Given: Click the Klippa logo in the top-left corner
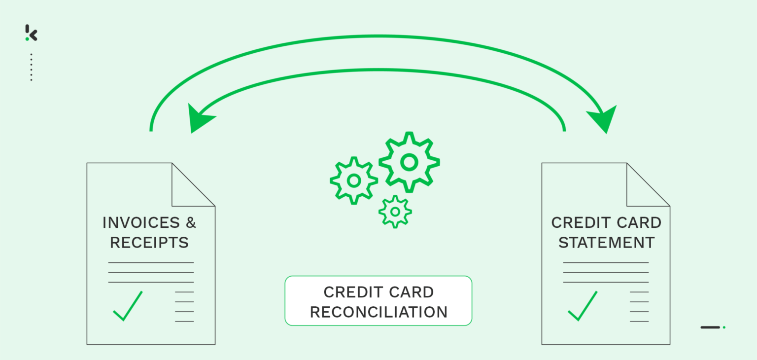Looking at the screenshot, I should click(31, 33).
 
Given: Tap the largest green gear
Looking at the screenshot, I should click(409, 162).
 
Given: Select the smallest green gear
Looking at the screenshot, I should click(395, 212).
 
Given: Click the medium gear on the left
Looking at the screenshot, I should click(353, 180).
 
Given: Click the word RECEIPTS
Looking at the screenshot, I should click(149, 243).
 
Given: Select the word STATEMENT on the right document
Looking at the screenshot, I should click(606, 243).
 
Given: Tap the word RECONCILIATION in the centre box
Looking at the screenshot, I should click(378, 312).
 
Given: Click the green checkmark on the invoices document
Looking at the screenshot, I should click(128, 307).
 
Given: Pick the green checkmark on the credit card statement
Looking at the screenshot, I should click(583, 307).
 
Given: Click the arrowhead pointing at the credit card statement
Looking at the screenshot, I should click(603, 118).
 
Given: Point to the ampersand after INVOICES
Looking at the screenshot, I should click(191, 223).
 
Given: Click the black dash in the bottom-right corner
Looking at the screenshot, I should click(710, 327).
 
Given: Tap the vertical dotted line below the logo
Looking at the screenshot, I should click(31, 67).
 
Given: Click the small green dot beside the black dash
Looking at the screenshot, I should click(724, 327).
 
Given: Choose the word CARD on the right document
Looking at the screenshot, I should click(639, 223).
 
